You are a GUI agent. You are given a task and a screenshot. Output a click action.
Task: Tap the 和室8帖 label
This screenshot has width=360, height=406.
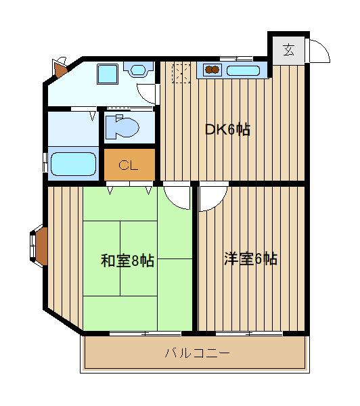[127, 261]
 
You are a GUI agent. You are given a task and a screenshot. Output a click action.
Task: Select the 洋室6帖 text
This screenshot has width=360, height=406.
[250, 258]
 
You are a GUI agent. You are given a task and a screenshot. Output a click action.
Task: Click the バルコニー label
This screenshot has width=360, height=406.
[197, 353]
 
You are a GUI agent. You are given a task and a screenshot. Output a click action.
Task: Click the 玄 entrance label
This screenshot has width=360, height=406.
[288, 49]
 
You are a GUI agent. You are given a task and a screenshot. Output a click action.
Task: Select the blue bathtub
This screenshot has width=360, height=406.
[73, 164]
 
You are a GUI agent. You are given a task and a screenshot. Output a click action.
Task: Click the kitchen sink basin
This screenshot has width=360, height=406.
[242, 70]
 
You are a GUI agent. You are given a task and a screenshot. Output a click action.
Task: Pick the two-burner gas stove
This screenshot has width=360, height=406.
[210, 69]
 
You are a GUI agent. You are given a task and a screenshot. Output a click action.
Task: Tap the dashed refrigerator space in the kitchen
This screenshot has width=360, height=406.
[181, 72]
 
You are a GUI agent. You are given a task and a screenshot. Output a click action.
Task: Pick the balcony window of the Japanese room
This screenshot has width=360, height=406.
[145, 334]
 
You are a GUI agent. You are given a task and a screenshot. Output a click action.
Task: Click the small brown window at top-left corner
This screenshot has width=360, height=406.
[59, 68]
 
